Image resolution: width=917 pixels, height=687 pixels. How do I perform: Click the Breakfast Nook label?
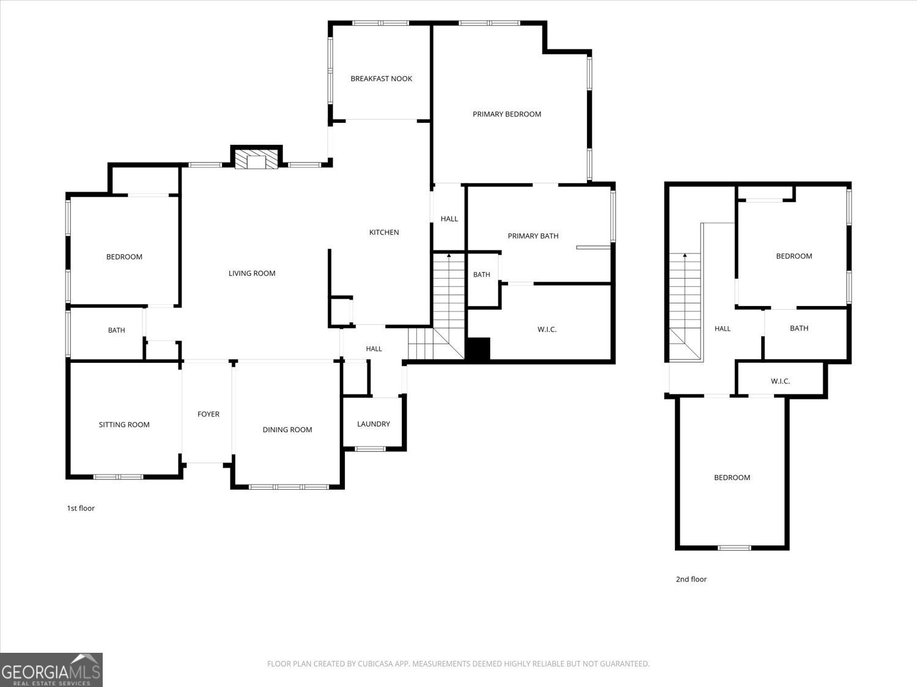click(x=381, y=78)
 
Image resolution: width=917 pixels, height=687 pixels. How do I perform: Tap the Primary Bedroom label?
click(x=507, y=114)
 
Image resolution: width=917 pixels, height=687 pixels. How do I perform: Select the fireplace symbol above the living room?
click(x=256, y=159)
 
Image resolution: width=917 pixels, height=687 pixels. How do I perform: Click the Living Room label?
click(x=252, y=273)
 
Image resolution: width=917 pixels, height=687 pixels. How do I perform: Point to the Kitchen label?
click(x=384, y=232)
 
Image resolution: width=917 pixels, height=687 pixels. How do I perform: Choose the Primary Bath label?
click(x=533, y=236)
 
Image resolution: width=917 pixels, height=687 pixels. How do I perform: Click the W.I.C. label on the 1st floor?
click(x=547, y=330)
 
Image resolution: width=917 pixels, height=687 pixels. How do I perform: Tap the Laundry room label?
click(x=374, y=424)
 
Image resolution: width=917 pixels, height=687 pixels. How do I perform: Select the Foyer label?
click(x=208, y=414)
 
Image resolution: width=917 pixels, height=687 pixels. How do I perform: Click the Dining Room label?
click(x=287, y=430)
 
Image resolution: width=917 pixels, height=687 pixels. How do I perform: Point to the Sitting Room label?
click(x=124, y=424)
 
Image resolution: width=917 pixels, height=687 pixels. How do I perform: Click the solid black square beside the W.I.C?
click(x=477, y=349)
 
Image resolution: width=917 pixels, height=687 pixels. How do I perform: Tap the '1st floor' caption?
click(x=81, y=508)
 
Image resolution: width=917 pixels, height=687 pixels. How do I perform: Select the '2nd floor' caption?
click(x=691, y=579)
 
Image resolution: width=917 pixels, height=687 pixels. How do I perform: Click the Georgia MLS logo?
click(x=51, y=669)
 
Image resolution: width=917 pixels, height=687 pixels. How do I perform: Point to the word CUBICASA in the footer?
click(x=375, y=664)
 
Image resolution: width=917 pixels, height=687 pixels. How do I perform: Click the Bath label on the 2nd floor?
click(x=799, y=329)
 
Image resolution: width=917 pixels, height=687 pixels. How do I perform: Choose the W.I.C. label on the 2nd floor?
click(x=780, y=381)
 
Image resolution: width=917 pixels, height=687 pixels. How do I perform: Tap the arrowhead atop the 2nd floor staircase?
click(x=685, y=255)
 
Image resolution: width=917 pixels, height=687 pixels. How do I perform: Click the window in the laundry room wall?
click(x=370, y=449)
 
